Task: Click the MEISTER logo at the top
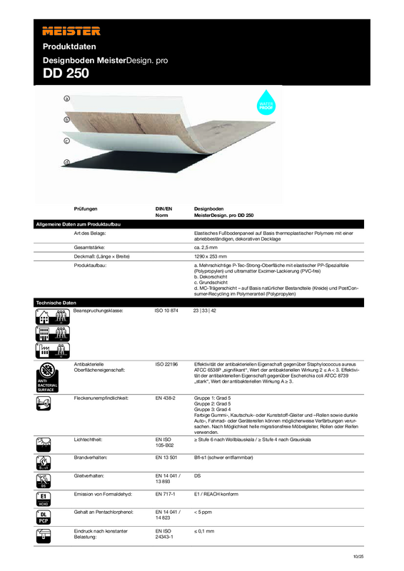tap(71, 31)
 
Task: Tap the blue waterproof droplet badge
tap(266, 101)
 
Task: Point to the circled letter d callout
tap(66, 163)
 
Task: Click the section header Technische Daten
tap(56, 303)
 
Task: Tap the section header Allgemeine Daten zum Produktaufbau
tap(79, 224)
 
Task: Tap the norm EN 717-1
tap(166, 493)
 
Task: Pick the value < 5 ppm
tap(206, 512)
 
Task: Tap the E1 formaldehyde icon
tap(44, 497)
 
